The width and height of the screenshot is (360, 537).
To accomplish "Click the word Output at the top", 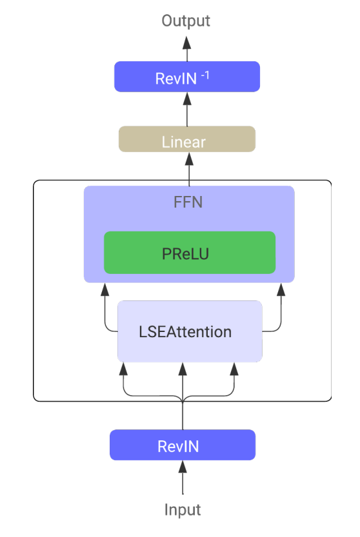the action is [x=186, y=21].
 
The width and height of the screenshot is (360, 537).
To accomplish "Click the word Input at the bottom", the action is [x=183, y=509].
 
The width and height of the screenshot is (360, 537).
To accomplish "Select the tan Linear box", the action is [x=187, y=139].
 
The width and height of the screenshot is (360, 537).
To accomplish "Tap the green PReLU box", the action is [x=190, y=253].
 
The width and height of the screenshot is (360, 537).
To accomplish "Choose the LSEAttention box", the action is [x=190, y=331].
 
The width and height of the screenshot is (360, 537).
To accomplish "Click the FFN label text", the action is [x=188, y=202].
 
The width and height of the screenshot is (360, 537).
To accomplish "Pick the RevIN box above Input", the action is [x=183, y=445].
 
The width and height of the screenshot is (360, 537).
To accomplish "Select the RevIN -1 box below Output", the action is [x=187, y=77].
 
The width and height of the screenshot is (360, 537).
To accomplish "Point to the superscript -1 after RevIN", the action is [x=205, y=75].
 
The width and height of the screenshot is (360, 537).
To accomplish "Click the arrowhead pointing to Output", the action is [x=187, y=43].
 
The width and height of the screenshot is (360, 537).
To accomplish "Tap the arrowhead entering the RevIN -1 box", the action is [x=187, y=99].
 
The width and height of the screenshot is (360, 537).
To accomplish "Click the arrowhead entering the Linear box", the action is [x=189, y=159].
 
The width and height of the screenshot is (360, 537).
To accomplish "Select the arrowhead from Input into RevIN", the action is [x=183, y=467].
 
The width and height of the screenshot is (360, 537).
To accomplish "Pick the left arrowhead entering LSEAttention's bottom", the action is [x=123, y=369].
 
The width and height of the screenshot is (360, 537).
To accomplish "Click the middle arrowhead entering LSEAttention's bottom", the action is [x=183, y=369].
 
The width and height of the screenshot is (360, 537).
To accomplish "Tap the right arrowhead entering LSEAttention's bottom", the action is [x=234, y=369].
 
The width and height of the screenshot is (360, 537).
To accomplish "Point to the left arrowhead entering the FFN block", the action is [x=105, y=289].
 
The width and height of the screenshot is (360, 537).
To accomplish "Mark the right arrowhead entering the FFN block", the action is [x=281, y=289].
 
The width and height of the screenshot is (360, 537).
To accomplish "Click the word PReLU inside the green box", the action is [x=185, y=254].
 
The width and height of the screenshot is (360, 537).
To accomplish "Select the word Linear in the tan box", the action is [x=183, y=142].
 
